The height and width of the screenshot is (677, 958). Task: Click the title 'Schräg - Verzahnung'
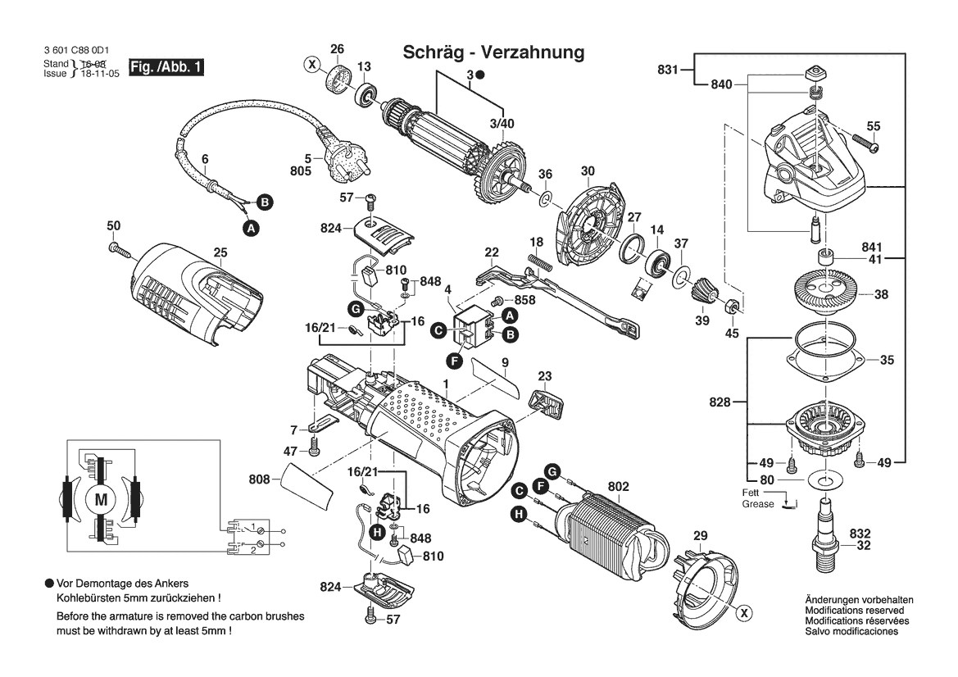click(x=493, y=52)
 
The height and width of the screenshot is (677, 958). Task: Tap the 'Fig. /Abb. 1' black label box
click(x=166, y=67)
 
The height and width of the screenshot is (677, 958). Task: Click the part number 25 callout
click(x=220, y=252)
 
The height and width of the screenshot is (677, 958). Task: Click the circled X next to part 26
click(x=311, y=63)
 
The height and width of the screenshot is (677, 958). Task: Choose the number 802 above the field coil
click(x=618, y=487)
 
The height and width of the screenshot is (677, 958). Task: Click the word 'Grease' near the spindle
click(x=758, y=504)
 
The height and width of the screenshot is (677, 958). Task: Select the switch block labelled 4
click(x=476, y=326)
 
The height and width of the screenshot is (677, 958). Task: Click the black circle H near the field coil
click(x=518, y=514)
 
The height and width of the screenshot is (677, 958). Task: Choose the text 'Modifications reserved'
click(x=855, y=611)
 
